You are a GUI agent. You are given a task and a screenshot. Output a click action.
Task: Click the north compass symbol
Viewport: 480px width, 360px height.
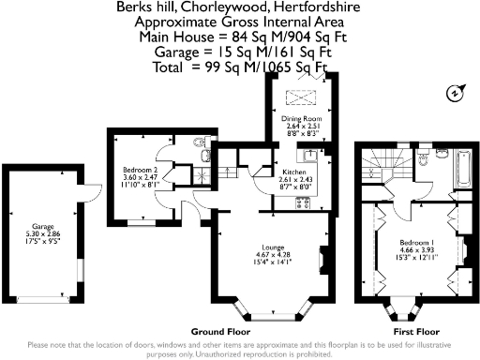tap(455, 93)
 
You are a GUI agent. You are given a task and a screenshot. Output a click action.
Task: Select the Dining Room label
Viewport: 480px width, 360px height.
tap(301, 119)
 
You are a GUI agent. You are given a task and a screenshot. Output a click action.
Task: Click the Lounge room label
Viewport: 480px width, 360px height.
tap(272, 248)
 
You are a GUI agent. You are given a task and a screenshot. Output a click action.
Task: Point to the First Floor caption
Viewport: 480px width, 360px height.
tap(415, 332)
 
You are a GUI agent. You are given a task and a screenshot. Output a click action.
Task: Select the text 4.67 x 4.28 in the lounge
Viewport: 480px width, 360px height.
tap(272, 256)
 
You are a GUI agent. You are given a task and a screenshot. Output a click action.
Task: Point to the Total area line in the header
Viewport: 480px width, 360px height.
tap(241, 67)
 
